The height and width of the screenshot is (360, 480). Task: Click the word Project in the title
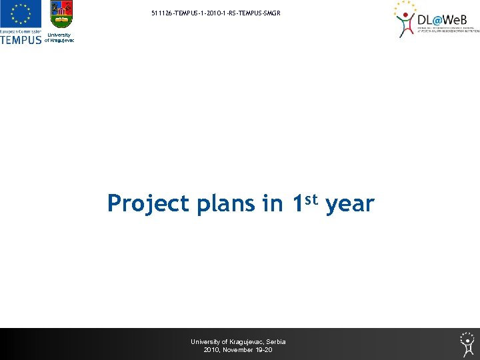coord(148,203)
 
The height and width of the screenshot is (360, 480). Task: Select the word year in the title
coord(350,203)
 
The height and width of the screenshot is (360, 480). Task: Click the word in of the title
coord(273,203)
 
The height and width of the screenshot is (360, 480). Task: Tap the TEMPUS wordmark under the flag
coord(21,39)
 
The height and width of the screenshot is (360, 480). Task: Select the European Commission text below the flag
coord(21,31)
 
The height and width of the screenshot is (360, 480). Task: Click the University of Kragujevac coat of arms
coord(61,15)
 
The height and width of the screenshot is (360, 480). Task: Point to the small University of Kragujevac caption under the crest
coord(60,38)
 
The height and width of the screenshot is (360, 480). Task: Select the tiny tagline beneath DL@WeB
coord(448,30)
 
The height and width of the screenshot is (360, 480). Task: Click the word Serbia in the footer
coord(275,342)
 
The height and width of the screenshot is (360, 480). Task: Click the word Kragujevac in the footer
coord(246,342)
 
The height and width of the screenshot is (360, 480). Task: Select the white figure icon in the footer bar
coord(467,343)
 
